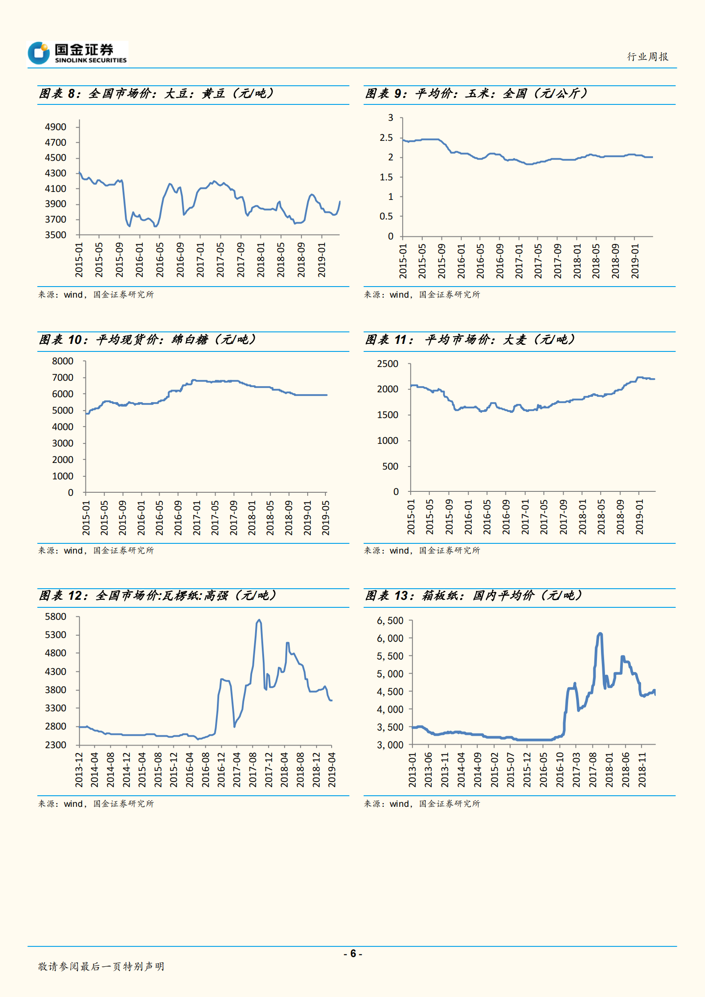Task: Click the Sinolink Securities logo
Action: [77, 53]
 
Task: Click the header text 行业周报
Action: [648, 57]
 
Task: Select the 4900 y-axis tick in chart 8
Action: [56, 127]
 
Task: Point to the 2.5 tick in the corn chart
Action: [386, 138]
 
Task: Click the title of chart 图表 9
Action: [476, 94]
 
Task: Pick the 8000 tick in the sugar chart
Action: [63, 361]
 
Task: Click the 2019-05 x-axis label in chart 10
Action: [326, 518]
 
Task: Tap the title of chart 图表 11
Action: [470, 340]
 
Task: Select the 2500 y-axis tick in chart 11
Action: [388, 364]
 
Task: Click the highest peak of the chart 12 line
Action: [259, 620]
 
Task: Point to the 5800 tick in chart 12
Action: [56, 617]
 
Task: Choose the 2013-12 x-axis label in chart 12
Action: [79, 770]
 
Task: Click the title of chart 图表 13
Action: [473, 596]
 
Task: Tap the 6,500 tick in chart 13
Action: [390, 621]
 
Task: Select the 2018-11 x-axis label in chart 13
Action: [642, 770]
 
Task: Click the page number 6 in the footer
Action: [353, 953]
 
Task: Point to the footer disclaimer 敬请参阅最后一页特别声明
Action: [101, 966]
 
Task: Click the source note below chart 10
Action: [96, 550]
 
